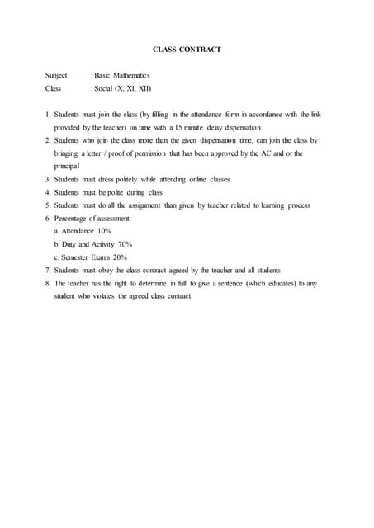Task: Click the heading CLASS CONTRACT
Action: [x=187, y=50]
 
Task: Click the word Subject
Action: [x=56, y=75]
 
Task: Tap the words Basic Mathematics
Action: [x=123, y=75]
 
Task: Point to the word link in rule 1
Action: [x=314, y=115]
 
